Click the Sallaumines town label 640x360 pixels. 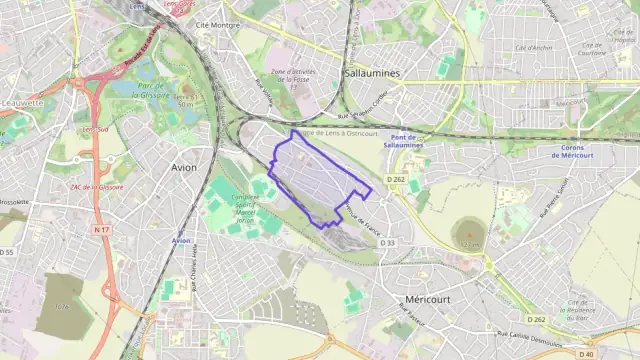tap(371, 74)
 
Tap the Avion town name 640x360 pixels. tap(184, 167)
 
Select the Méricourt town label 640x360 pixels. tap(430, 301)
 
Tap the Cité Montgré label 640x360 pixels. tap(219, 23)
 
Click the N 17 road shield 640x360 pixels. tap(101, 230)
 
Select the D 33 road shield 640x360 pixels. tap(388, 242)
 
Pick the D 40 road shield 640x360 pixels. tap(586, 353)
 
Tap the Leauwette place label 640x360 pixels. tap(22, 102)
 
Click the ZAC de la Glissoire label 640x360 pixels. tap(97, 187)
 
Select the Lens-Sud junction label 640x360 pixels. tap(95, 129)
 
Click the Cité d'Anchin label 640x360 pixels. tap(533, 47)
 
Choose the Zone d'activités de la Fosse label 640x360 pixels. tap(293, 78)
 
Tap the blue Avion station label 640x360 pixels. tap(181, 240)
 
